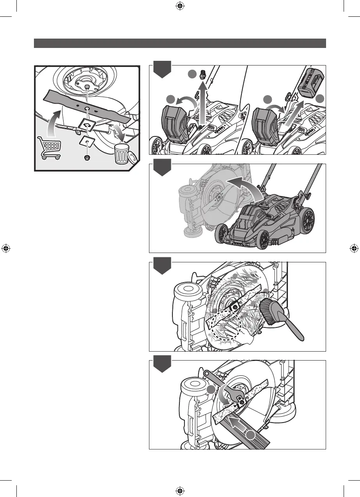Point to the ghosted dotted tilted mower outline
coord(203,203)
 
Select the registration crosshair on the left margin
coord(6,248)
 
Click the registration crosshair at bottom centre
coord(180,491)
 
